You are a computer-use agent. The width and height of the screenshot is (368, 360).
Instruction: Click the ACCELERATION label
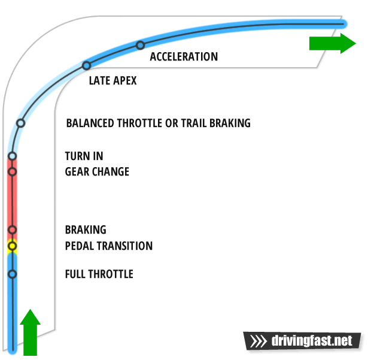coord(184,57)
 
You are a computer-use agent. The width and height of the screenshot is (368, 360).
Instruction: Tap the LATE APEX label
coord(112,80)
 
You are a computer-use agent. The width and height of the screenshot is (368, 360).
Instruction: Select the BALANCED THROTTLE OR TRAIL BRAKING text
coord(158,123)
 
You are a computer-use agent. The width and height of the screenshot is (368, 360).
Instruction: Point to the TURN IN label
coord(84,157)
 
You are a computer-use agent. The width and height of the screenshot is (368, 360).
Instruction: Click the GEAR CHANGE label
coord(97,172)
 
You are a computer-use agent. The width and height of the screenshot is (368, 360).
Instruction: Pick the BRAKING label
coord(86,230)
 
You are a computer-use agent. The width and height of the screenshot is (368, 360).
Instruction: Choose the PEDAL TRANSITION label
coord(108,246)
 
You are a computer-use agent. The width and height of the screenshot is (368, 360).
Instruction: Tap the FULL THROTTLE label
coord(99,274)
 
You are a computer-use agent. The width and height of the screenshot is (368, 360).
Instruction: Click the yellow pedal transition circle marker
coord(12,246)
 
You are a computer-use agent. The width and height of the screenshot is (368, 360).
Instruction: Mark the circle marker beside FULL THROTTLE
coord(12,274)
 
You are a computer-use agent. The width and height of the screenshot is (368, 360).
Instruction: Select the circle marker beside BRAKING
coord(12,230)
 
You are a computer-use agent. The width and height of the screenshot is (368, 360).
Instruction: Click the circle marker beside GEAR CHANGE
coord(12,172)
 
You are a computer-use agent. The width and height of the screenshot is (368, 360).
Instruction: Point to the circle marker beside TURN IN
coord(12,158)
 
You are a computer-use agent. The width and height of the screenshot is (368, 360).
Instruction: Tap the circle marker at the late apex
coord(86,66)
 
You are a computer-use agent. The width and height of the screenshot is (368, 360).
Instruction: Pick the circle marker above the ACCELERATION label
coord(140,45)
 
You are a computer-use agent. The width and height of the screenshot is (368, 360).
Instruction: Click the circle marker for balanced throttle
coord(21,123)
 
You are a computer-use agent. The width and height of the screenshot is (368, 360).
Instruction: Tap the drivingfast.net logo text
coord(312,341)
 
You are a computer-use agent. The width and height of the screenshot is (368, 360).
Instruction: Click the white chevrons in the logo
coord(258,341)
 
